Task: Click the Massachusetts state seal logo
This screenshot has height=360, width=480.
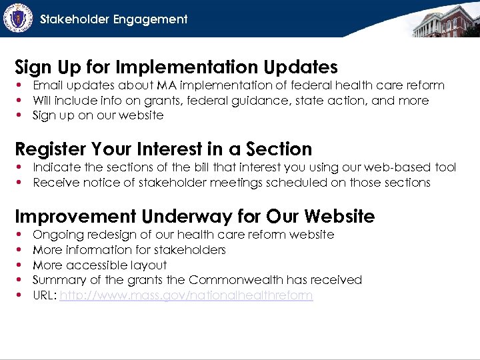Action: pos(18,18)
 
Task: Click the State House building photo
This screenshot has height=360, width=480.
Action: pos(445,20)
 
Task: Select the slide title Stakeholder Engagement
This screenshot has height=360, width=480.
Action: pos(114,19)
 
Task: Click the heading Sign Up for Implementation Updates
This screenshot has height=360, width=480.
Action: pos(176,67)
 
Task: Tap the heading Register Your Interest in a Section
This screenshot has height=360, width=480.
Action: pos(163,149)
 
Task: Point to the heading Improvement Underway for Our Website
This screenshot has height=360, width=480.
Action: pos(195,216)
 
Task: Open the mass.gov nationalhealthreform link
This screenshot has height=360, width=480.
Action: pos(186,295)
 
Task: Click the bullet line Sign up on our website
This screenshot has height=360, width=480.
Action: pos(98,115)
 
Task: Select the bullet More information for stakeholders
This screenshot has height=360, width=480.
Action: pos(129,250)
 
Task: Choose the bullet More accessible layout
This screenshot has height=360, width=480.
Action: pos(100,265)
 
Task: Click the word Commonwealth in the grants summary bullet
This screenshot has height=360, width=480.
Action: pos(231,280)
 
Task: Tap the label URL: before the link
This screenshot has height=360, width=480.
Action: pos(44,295)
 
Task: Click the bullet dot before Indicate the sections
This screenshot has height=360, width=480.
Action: pos(21,167)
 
